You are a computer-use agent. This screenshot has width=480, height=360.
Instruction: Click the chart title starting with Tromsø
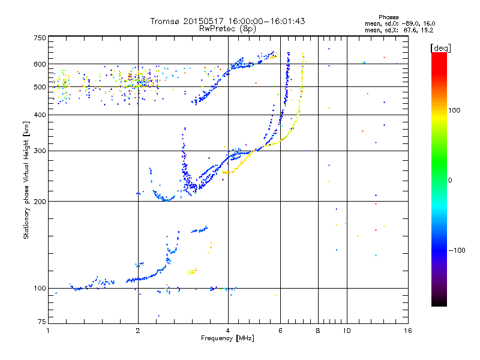pos(227,21)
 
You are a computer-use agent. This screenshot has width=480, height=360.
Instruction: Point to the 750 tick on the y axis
pos(40,37)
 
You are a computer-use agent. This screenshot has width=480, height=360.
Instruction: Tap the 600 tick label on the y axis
pos(40,64)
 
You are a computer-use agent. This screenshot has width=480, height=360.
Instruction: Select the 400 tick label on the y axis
pos(40,115)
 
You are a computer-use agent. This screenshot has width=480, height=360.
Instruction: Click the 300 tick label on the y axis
pos(40,151)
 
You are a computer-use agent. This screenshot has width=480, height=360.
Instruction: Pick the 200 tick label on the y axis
pos(40,202)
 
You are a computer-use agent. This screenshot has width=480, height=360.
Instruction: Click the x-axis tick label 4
pos(228,331)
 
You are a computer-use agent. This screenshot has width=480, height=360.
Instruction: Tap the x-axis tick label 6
pos(281,331)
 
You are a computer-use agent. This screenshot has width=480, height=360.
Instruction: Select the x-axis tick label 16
pos(407,331)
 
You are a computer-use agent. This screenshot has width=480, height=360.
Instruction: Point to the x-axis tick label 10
pos(347,331)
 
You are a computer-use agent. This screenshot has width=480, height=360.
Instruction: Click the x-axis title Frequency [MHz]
pos(227,339)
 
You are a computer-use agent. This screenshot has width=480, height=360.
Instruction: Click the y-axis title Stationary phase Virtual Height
pos(26,180)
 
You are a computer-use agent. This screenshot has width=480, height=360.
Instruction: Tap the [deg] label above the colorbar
pos(441,47)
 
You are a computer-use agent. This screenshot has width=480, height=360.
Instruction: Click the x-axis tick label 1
pos(48,331)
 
